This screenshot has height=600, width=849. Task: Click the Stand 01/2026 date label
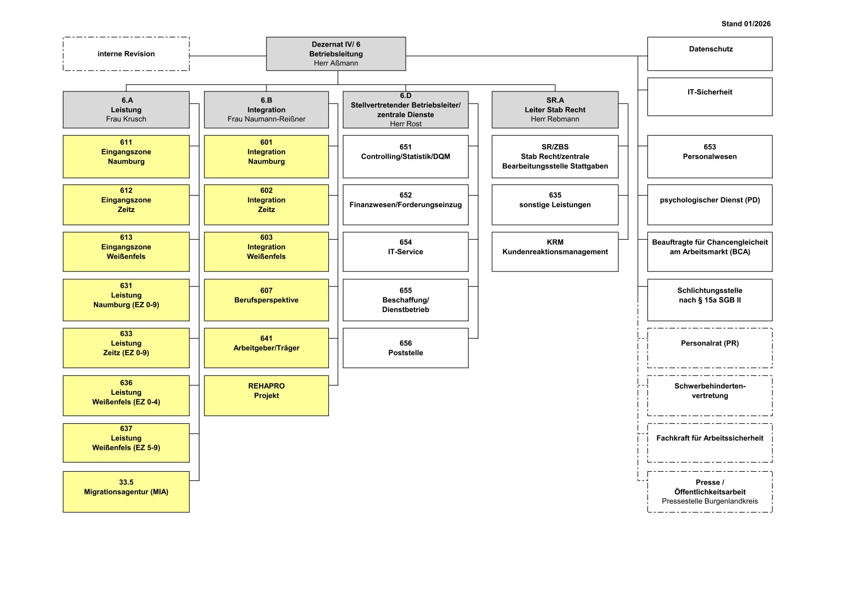pyautogui.click(x=745, y=24)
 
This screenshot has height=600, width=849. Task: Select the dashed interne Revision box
pyautogui.click(x=126, y=54)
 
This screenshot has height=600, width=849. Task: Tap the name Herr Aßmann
pyautogui.click(x=336, y=63)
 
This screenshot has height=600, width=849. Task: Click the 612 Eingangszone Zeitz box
pyautogui.click(x=126, y=204)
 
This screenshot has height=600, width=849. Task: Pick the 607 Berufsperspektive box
pyautogui.click(x=266, y=300)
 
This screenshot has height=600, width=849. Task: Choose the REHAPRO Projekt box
pyautogui.click(x=266, y=395)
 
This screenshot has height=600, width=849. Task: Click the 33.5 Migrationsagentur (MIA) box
pyautogui.click(x=126, y=492)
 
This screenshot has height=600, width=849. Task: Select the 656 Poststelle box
pyautogui.click(x=405, y=348)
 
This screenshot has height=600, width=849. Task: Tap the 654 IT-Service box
pyautogui.click(x=405, y=252)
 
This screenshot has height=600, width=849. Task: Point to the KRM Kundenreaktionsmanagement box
pyautogui.click(x=555, y=252)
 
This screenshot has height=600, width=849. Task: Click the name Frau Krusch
pyautogui.click(x=126, y=119)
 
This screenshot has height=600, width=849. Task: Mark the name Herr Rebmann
pyautogui.click(x=555, y=119)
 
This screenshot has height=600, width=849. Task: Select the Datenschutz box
pyautogui.click(x=710, y=54)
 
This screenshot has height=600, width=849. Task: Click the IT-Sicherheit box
pyautogui.click(x=710, y=97)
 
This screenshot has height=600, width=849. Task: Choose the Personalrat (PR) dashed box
pyautogui.click(x=710, y=348)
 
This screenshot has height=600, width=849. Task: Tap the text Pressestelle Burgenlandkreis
pyautogui.click(x=710, y=501)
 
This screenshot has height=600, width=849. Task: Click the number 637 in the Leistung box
pyautogui.click(x=126, y=429)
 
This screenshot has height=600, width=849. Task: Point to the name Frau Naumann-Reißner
pyautogui.click(x=266, y=119)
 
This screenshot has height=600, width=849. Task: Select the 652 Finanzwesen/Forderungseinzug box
pyautogui.click(x=405, y=204)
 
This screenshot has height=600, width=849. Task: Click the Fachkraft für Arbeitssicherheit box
pyautogui.click(x=710, y=443)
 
